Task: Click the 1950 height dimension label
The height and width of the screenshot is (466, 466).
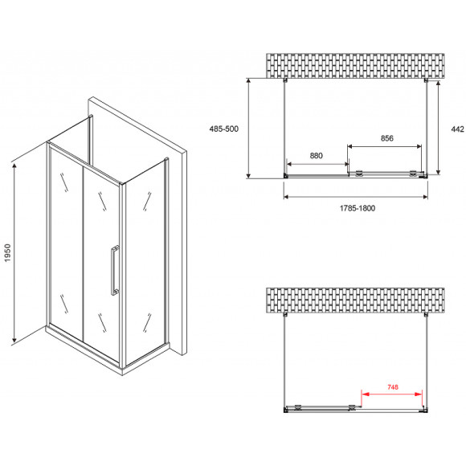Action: [x=7, y=252]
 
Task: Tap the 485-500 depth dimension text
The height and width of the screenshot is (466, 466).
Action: [x=224, y=129]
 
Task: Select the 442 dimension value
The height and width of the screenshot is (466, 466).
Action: [x=457, y=129]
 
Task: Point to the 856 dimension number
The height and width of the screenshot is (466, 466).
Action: [x=387, y=138]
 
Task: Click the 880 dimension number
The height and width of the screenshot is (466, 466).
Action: [x=316, y=155]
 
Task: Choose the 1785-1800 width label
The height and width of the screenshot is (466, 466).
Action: [x=358, y=208]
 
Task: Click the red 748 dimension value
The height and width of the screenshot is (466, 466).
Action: [x=393, y=387]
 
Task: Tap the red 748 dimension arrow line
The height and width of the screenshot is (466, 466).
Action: [x=391, y=394]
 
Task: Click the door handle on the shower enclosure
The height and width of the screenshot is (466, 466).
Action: [x=115, y=270]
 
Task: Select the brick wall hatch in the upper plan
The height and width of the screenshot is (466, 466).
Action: [x=355, y=66]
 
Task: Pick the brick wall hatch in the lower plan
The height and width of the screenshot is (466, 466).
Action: [x=355, y=300]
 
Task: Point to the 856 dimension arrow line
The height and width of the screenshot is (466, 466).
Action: [x=385, y=146]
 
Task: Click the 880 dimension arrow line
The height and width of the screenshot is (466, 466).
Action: [x=317, y=164]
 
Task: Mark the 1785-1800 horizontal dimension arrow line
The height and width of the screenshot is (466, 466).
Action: [x=356, y=197]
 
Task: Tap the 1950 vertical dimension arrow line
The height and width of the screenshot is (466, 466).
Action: [x=14, y=252]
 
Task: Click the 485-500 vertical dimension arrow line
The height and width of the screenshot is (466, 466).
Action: [x=249, y=128]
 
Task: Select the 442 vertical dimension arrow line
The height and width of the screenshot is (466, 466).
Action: [x=438, y=128]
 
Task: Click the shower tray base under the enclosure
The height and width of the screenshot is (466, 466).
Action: [x=107, y=349]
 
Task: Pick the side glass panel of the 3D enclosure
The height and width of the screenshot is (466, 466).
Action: [x=145, y=262]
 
